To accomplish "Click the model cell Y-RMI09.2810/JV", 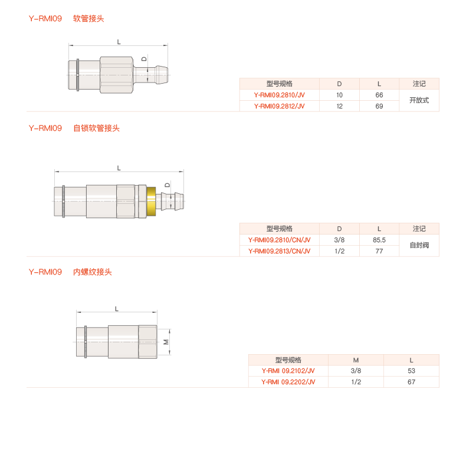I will pyautogui.click(x=279, y=95).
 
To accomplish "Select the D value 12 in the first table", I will pyautogui.click(x=339, y=106).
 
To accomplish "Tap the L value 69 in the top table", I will pyautogui.click(x=379, y=106).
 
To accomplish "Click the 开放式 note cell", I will pyautogui.click(x=419, y=100).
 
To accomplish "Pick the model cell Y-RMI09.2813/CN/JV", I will pyautogui.click(x=279, y=251).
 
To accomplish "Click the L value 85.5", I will pyautogui.click(x=379, y=240).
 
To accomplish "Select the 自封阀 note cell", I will pyautogui.click(x=419, y=245).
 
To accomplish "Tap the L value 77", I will pyautogui.click(x=379, y=251).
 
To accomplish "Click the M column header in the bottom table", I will pyautogui.click(x=356, y=360).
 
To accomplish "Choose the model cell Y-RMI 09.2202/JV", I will pyautogui.click(x=288, y=382).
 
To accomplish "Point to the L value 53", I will pyautogui.click(x=411, y=371).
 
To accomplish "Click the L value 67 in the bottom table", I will pyautogui.click(x=411, y=382).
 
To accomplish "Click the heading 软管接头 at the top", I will pyautogui.click(x=88, y=18).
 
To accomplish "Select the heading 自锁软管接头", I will pyautogui.click(x=96, y=128).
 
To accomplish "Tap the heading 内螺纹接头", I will pyautogui.click(x=93, y=272).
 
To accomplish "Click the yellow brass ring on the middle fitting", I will pyautogui.click(x=152, y=201).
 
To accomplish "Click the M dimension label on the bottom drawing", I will pyautogui.click(x=166, y=342).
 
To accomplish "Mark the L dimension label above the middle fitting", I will pyautogui.click(x=119, y=168).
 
